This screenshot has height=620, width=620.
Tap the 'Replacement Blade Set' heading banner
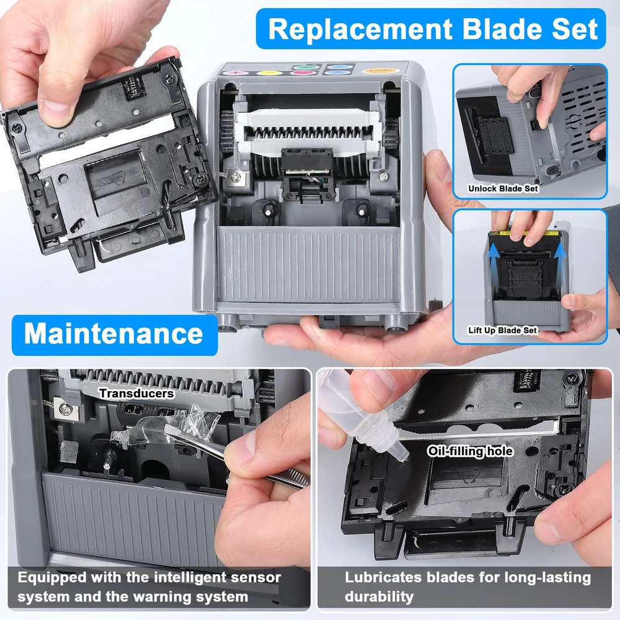431,29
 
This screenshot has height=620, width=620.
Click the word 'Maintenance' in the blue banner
113,334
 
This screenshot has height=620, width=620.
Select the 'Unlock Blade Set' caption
503,188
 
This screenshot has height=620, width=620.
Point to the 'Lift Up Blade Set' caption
503,330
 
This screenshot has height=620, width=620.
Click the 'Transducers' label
136,394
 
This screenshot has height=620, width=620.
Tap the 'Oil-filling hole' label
470,451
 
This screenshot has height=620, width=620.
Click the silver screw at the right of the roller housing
383,176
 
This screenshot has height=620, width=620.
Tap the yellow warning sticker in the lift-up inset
525,233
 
